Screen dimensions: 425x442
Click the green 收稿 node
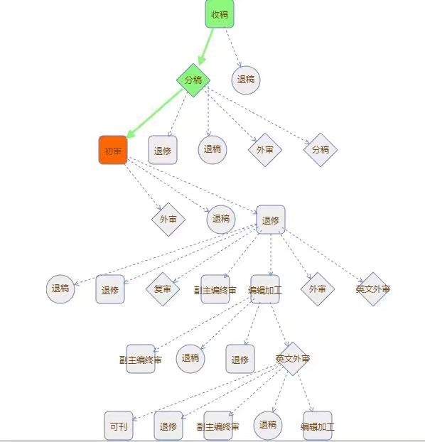(x=220, y=14)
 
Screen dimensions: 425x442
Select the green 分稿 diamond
(x=193, y=80)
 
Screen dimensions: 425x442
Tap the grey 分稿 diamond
(x=321, y=150)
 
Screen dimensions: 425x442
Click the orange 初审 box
(x=113, y=150)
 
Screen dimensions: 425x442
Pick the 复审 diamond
(x=163, y=289)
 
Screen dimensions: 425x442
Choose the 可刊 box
(x=119, y=426)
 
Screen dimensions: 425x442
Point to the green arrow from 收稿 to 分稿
(x=206, y=46)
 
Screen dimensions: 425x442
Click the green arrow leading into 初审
(x=155, y=114)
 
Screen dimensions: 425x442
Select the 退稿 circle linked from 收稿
(x=246, y=80)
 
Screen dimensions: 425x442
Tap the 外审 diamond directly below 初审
(x=168, y=220)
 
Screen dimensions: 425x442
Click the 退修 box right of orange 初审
(x=163, y=150)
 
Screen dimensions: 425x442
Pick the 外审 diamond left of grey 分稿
(x=265, y=150)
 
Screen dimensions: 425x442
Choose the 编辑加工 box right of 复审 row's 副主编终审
(x=265, y=289)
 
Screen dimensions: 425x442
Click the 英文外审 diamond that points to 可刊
(x=293, y=359)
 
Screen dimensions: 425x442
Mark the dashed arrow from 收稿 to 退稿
(x=233, y=48)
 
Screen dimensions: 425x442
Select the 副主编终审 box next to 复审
(x=215, y=289)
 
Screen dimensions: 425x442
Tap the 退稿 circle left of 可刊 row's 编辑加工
(x=268, y=425)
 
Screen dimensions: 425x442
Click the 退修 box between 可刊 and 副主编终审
(x=168, y=426)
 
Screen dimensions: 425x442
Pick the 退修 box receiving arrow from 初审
(x=271, y=220)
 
